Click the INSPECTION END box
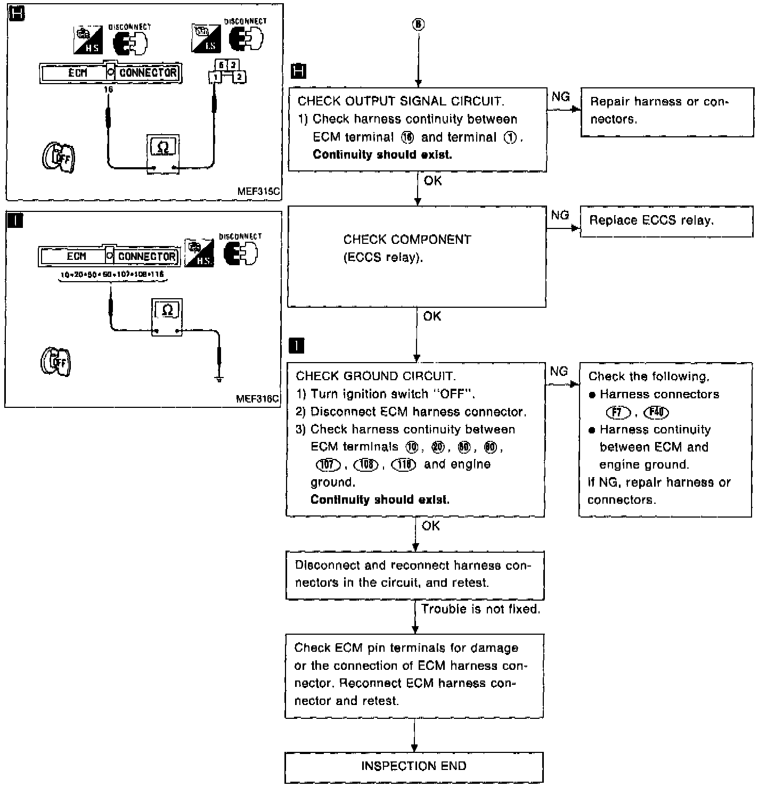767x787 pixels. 414,766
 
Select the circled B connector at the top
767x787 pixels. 419,24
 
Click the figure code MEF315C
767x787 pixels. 259,192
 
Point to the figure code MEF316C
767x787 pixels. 257,399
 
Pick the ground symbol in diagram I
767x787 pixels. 219,379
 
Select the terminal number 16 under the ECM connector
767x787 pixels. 109,90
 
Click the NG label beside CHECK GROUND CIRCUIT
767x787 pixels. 559,372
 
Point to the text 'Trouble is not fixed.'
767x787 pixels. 480,609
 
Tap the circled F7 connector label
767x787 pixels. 617,412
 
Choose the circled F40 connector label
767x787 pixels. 656,412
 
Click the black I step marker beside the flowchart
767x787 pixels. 296,346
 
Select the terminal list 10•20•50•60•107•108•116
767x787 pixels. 111,274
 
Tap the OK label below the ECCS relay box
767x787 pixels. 432,316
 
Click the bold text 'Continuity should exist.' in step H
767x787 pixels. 382,155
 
